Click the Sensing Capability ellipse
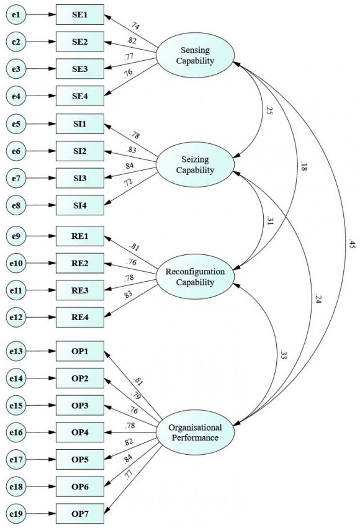pyautogui.click(x=195, y=55)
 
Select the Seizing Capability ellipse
pyautogui.click(x=195, y=164)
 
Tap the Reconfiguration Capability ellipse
pyautogui.click(x=195, y=277)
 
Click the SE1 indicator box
pyautogui.click(x=79, y=14)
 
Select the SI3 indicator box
pyautogui.click(x=79, y=178)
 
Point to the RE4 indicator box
pyautogui.click(x=79, y=318)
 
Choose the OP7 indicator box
pyautogui.click(x=79, y=514)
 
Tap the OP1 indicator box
pyautogui.click(x=79, y=351)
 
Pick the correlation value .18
pyautogui.click(x=302, y=166)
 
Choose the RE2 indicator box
pyautogui.click(x=79, y=264)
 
